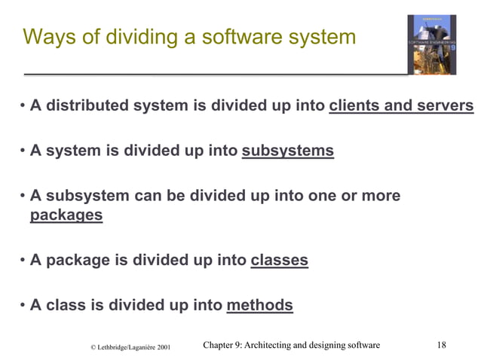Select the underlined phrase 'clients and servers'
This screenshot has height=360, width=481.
tap(401, 105)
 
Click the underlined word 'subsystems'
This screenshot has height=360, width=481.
tap(287, 151)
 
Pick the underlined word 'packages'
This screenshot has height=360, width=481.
tap(66, 215)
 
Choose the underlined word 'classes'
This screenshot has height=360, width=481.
tap(279, 261)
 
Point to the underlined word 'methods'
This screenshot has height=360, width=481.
tap(259, 305)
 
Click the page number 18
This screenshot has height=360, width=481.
tap(442, 345)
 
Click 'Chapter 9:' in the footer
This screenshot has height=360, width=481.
tap(225, 345)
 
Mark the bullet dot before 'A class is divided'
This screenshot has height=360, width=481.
tap(23, 306)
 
